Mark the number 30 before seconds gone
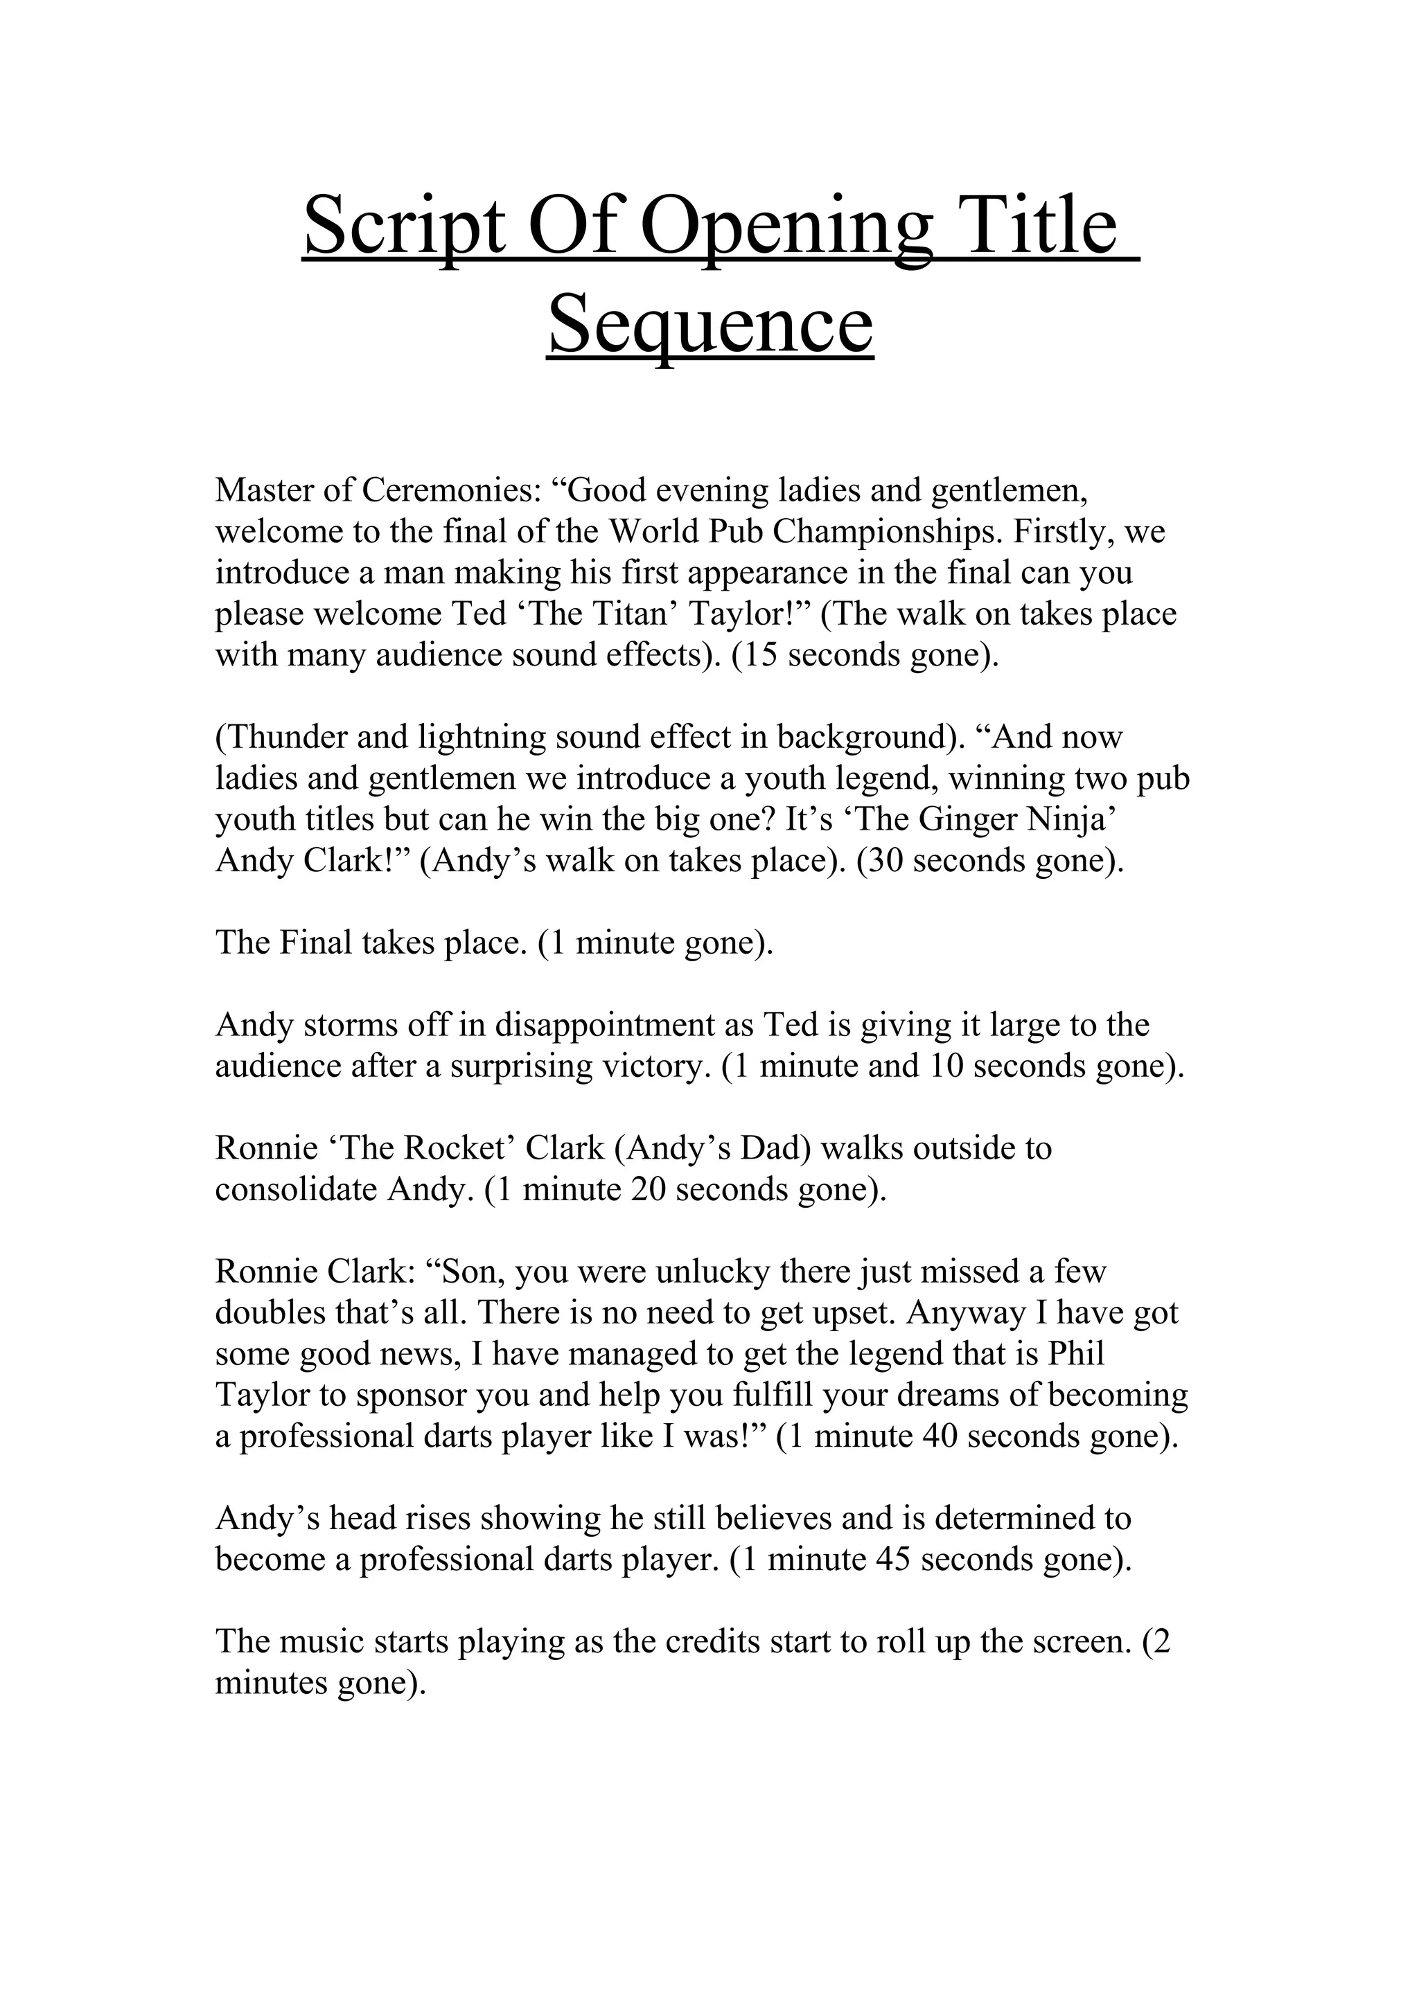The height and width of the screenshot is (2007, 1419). tap(885, 861)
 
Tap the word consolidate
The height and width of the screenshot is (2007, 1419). tap(297, 1190)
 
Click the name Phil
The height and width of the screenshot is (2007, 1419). tap(1076, 1353)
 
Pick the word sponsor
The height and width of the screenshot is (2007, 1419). tap(412, 1395)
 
